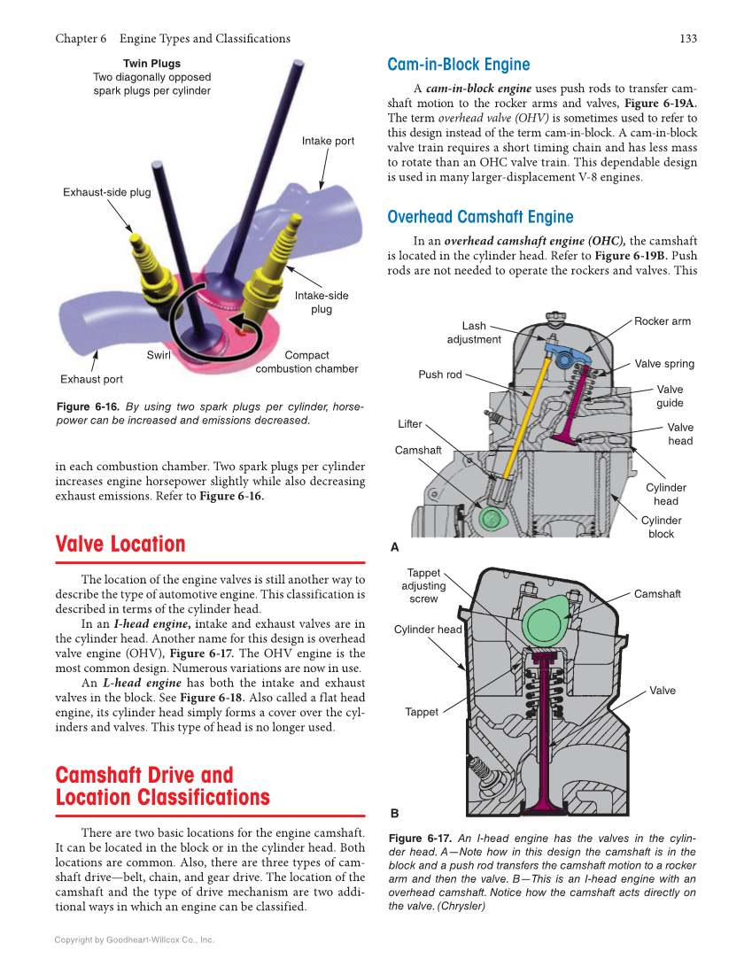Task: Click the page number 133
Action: [687, 38]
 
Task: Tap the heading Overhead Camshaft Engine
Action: [480, 217]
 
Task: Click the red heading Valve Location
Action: [120, 544]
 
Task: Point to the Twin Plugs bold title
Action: [151, 64]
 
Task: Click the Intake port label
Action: [328, 141]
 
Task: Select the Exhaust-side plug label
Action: [106, 192]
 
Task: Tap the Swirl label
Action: [159, 355]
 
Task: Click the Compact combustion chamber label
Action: [306, 362]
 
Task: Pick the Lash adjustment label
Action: [474, 333]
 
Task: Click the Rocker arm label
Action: [662, 321]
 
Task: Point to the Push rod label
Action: [440, 375]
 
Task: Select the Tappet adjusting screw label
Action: [423, 586]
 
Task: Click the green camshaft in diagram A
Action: [490, 517]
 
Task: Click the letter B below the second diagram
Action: [395, 813]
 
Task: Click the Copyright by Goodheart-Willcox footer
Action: [134, 939]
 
